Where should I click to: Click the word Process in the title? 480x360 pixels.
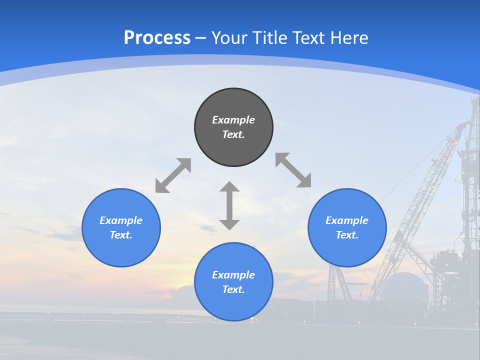157,38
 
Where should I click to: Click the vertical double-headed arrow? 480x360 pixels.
229,205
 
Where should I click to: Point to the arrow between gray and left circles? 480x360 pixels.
173,175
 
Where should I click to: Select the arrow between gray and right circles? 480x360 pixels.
293,170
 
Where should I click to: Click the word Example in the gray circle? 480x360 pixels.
233,120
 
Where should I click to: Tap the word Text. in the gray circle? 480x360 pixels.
233,134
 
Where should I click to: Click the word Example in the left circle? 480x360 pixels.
121,220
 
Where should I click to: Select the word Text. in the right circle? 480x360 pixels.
347,235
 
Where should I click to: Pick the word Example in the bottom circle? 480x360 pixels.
233,275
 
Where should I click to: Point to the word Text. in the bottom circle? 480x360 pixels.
233,289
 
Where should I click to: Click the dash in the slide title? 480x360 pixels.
201,38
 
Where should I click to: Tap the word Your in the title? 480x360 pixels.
230,38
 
